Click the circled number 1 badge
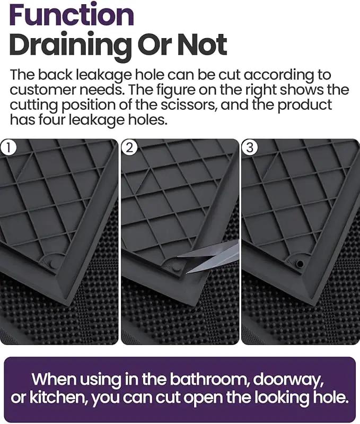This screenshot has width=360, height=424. coord(8,148)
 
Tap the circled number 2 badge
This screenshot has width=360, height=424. coord(129,148)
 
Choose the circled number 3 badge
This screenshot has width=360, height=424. coord(250,148)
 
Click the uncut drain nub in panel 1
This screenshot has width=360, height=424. coord(53,264)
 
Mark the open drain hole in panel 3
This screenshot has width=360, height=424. coord(300,263)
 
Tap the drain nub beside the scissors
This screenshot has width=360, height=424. coord(175,268)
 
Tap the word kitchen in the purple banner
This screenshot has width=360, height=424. coord(57,397)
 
